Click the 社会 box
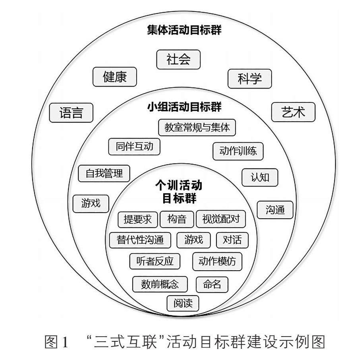click(x=178, y=60)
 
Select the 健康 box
click(x=114, y=77)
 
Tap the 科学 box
click(x=249, y=79)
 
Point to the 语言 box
click(x=71, y=113)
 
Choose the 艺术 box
click(x=293, y=112)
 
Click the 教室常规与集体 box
click(x=197, y=128)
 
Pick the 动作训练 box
click(x=238, y=151)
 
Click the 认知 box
click(x=260, y=177)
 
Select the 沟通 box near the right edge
click(x=275, y=210)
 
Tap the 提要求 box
click(x=138, y=219)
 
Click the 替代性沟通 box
click(x=140, y=240)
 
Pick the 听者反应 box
click(x=154, y=261)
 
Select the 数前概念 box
click(x=160, y=284)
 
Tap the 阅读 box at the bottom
click(x=183, y=304)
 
